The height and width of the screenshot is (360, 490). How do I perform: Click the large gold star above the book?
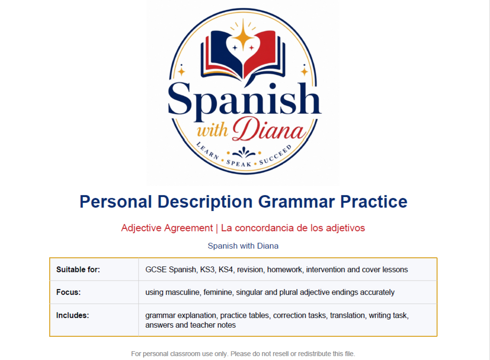point(243,37)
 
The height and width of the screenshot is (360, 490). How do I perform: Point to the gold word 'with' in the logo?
point(212,130)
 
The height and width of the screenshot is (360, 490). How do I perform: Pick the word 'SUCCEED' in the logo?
point(276,155)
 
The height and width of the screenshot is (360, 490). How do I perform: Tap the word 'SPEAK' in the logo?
point(239,163)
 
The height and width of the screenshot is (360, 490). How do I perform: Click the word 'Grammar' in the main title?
point(296,202)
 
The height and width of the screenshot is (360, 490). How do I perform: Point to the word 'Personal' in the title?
point(116,201)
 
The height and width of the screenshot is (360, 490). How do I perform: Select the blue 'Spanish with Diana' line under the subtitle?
point(243,246)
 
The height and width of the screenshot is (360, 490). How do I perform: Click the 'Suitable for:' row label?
point(78,270)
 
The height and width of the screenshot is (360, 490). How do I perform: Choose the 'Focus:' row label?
point(68,292)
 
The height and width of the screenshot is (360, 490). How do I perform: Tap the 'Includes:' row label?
point(72,315)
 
